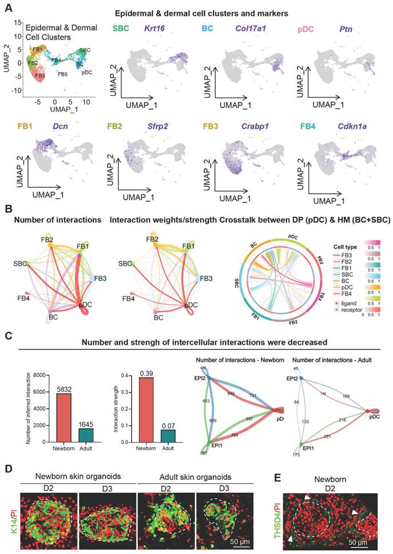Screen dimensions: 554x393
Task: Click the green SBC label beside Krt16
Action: (121, 28)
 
